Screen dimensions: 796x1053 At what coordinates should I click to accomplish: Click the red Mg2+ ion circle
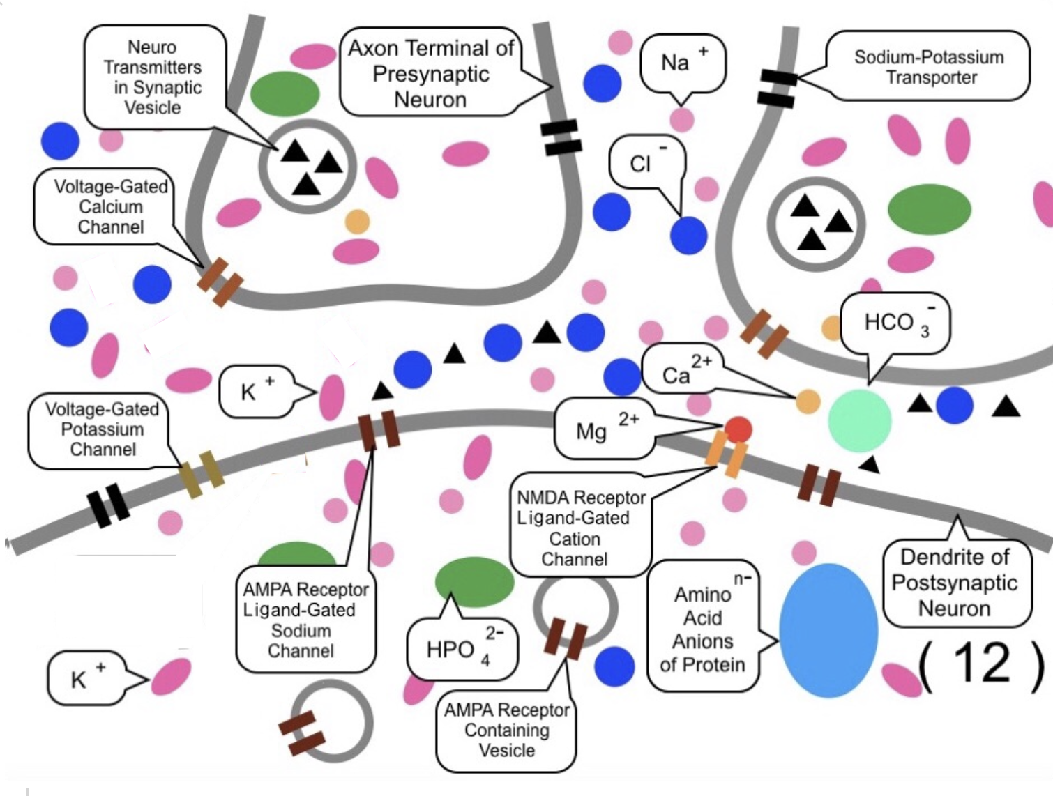coord(738,429)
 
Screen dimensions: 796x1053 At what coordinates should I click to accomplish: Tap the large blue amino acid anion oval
coord(828,630)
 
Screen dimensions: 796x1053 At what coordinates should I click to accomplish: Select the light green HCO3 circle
coord(859,420)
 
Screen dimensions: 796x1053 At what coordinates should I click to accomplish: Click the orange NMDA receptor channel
coord(726,456)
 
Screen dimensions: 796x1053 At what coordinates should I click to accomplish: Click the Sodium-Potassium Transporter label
coord(928,67)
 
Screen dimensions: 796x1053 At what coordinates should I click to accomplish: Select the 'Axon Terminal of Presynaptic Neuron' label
coord(430,73)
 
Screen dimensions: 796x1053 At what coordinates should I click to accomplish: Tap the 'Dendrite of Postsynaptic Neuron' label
coord(954,583)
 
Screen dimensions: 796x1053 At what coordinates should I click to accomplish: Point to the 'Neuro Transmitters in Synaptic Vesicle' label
coord(153,77)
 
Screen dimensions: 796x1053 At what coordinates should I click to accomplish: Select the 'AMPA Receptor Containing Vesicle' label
coord(506,730)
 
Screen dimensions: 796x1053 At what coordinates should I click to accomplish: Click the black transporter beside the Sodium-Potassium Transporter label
coord(777,89)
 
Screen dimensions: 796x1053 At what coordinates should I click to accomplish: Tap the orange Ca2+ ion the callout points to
coord(808,401)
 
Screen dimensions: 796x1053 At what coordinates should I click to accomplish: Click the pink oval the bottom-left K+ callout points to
coord(171,677)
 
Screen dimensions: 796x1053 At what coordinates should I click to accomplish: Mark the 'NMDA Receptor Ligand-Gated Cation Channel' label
coord(580,528)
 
